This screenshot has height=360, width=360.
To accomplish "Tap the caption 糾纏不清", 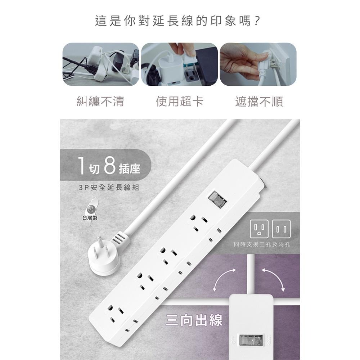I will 100,102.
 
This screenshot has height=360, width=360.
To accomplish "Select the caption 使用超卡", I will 179,102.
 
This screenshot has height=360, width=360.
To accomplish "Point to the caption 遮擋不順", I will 259,102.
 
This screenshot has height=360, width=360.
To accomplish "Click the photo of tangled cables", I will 100,64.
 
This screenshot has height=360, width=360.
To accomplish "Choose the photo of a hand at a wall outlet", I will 258,64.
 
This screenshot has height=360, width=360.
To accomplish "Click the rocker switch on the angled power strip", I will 217,199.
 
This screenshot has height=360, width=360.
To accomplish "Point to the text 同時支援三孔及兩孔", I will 262,244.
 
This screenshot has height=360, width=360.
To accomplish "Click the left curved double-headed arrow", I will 224,279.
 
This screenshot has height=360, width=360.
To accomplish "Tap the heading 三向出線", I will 194,320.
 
